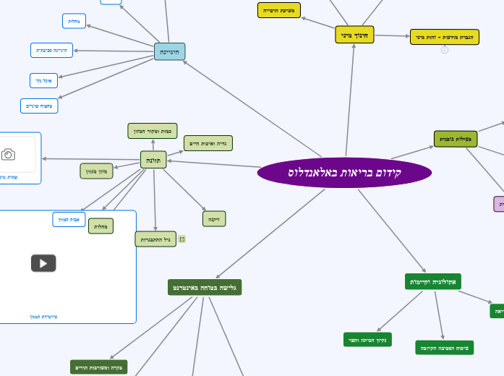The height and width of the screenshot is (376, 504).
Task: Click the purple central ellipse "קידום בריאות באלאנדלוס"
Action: coord(344,173)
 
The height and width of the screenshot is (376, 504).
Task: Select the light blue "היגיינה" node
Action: coord(170,51)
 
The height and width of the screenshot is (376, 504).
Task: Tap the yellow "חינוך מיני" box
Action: coord(354,34)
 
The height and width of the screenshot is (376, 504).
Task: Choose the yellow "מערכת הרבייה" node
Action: coord(279,10)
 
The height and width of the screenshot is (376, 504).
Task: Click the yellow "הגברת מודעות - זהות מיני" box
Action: coord(444,37)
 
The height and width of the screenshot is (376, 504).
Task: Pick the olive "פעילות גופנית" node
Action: coord(456,139)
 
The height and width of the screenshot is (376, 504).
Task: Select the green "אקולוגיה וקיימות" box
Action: coord(433,281)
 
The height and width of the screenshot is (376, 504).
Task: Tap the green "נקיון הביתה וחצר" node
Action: coord(367,340)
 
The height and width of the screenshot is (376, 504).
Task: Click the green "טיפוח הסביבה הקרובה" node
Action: coord(445,348)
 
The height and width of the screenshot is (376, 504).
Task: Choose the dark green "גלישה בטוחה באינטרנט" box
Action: coord(205,287)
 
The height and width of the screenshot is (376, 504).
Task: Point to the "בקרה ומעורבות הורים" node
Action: coord(99,367)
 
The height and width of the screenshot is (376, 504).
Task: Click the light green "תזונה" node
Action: coord(153,160)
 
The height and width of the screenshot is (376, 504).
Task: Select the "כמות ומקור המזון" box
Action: coord(153,131)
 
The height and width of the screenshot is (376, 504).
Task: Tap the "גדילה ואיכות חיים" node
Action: coord(208,143)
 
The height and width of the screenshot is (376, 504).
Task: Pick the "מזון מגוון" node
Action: coord(97,171)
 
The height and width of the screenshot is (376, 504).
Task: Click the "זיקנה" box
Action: coord(214,218)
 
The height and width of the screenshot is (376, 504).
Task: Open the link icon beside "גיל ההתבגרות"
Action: coord(182,239)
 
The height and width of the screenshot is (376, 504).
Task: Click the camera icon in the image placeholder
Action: coord(8,154)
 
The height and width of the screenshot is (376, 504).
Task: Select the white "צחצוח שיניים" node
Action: coord(39,106)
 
